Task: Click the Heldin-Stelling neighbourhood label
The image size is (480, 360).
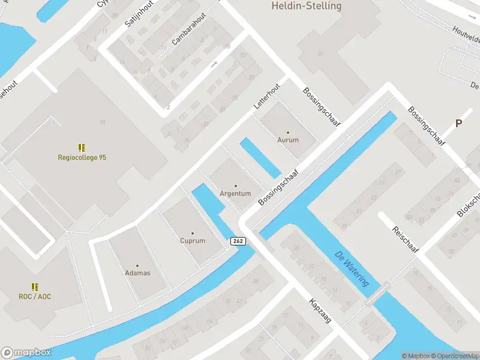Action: coord(306,6)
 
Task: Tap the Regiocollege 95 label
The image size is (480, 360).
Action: coord(82,158)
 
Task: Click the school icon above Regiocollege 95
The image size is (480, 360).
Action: coord(82,147)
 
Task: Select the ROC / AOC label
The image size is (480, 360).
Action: coord(35,296)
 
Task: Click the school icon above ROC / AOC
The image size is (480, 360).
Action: coord(35,286)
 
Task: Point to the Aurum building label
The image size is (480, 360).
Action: coord(288,140)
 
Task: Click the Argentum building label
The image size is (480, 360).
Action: coord(235,194)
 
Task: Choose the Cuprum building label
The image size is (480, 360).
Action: coord(193,241)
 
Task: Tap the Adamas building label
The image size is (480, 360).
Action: coord(137,273)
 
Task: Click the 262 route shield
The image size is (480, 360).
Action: coord(238,241)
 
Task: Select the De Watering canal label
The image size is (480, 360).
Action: coord(352,268)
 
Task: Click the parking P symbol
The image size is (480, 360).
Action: coord(459,124)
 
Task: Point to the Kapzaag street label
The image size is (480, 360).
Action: coord(320,311)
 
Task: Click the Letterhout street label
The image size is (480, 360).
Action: coord(267,95)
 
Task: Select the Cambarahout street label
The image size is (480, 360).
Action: coord(188,29)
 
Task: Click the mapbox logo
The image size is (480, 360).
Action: coord(26,353)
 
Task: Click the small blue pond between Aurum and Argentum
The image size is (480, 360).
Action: coord(260,158)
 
